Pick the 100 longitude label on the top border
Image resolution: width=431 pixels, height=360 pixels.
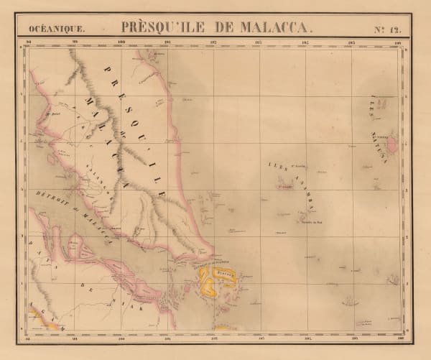[x=121, y=43]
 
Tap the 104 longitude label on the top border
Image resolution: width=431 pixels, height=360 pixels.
[x=305, y=43]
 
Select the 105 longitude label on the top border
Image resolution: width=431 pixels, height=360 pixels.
[x=351, y=43]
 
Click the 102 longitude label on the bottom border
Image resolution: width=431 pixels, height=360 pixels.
[x=213, y=336]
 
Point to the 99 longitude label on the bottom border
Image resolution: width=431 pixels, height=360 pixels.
[x=74, y=336]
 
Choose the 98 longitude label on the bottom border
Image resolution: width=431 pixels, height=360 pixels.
[x=29, y=336]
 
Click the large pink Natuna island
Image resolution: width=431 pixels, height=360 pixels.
[x=392, y=146]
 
